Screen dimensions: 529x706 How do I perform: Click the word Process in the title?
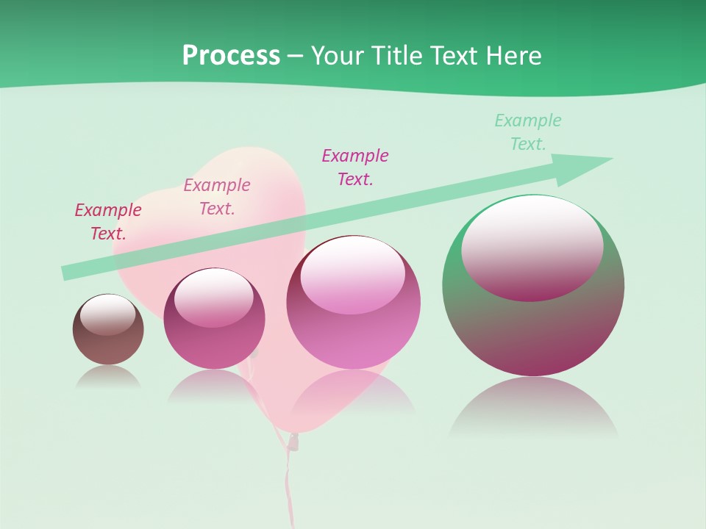pyautogui.click(x=231, y=55)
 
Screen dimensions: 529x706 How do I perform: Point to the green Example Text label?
pyautogui.click(x=527, y=132)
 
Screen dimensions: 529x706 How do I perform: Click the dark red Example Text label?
pyautogui.click(x=108, y=222)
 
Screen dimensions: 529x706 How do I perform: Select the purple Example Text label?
pyautogui.click(x=355, y=168)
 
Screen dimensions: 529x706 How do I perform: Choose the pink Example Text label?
pyautogui.click(x=217, y=197)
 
